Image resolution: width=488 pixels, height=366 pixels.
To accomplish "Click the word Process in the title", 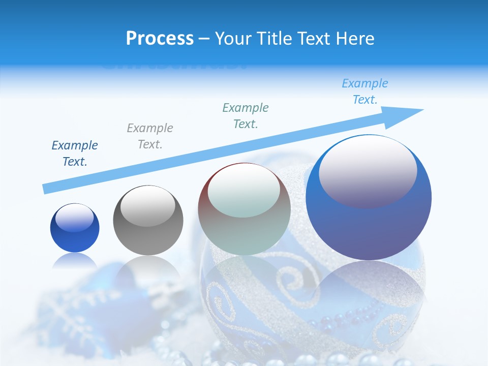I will [x=160, y=39].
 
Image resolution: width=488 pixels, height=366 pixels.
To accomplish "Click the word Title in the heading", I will [x=273, y=39].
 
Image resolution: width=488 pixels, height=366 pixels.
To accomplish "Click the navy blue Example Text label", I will [x=75, y=154].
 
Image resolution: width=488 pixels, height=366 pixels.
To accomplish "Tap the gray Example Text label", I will [x=150, y=136].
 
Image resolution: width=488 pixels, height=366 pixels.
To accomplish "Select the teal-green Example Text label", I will [x=246, y=116].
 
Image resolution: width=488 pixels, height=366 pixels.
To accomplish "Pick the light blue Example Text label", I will [x=365, y=91].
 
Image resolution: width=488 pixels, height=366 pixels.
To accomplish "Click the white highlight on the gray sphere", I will [x=148, y=206].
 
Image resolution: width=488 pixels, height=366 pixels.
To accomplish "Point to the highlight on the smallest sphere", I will [x=75, y=218].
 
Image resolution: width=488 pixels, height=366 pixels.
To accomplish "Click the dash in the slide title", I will [x=204, y=39].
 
